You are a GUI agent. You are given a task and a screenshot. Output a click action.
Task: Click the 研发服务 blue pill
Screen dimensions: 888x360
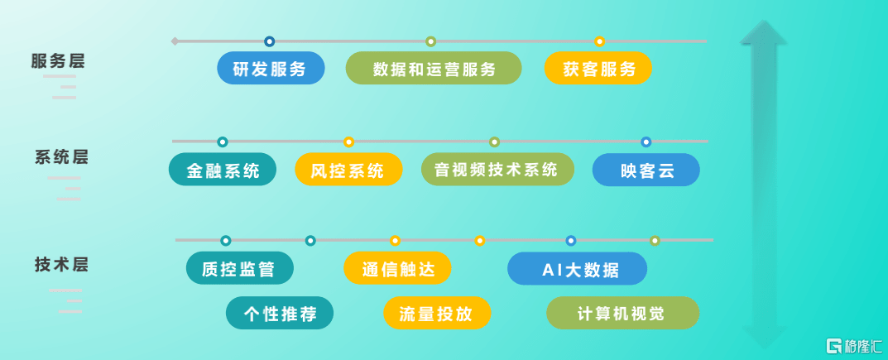271,68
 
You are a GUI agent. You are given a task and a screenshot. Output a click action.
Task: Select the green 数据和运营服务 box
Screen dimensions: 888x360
433,68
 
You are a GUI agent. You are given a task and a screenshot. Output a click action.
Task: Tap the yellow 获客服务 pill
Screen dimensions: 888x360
598,68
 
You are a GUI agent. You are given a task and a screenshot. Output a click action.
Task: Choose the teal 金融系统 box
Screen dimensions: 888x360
223,170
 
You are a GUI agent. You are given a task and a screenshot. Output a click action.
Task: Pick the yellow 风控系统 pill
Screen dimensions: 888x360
349,170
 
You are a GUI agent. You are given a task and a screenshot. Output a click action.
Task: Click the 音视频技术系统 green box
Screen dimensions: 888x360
498,170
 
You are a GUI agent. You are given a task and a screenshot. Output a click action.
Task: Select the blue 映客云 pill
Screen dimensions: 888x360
646,170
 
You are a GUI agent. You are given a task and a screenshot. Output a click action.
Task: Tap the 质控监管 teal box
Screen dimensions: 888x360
240,268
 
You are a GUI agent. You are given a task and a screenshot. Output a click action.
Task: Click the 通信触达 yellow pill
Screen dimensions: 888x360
397,268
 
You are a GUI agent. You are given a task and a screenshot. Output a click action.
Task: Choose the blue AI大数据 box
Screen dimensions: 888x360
577,268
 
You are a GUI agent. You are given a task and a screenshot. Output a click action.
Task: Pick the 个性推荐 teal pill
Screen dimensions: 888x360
280,313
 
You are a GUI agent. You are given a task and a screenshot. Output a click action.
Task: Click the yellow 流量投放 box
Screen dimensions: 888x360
437,313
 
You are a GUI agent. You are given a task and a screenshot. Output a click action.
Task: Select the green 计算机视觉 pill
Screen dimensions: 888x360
623,313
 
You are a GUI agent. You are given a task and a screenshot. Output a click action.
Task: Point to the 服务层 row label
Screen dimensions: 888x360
58,61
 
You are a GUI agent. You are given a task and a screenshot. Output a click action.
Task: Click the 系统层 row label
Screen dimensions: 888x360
61,156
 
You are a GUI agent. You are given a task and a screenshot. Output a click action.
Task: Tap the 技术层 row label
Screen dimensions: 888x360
61,264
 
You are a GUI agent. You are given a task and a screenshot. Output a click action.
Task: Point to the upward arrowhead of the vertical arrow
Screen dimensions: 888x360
763,32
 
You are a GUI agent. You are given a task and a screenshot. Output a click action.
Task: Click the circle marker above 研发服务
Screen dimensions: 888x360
270,41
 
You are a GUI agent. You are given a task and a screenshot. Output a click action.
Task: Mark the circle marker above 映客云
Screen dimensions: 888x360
646,142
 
